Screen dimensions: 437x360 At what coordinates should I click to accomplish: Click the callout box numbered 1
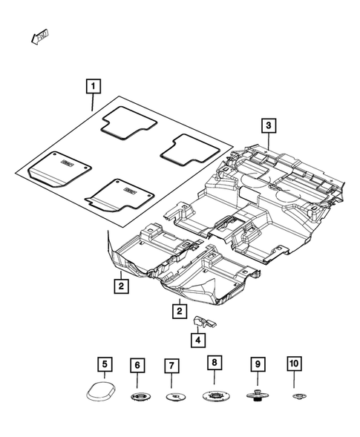93,87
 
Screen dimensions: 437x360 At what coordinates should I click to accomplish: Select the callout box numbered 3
269,125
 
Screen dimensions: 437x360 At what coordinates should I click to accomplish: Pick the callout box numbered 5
105,364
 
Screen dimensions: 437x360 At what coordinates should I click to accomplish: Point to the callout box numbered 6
138,365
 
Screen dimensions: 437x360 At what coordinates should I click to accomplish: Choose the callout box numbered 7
171,366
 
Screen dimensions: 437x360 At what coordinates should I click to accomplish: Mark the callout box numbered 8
214,363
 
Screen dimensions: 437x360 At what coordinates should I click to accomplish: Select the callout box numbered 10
294,364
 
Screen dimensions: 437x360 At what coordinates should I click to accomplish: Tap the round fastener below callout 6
138,399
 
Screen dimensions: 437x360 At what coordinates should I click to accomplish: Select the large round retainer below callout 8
214,398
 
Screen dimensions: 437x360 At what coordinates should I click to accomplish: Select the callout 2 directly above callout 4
178,312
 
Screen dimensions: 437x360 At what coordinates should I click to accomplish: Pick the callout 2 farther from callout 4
119,283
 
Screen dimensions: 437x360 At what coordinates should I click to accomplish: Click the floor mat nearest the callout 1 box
128,122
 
